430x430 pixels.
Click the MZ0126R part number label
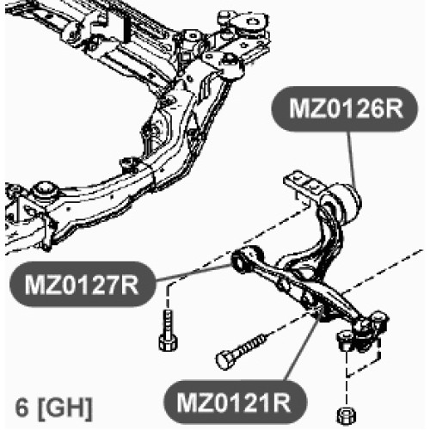click(345, 109)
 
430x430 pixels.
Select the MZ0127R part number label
click(82, 285)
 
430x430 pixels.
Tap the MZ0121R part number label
click(234, 402)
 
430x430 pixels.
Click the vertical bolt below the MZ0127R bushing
click(168, 331)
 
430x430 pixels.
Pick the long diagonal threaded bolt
click(242, 350)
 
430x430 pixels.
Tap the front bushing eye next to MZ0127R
click(246, 259)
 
